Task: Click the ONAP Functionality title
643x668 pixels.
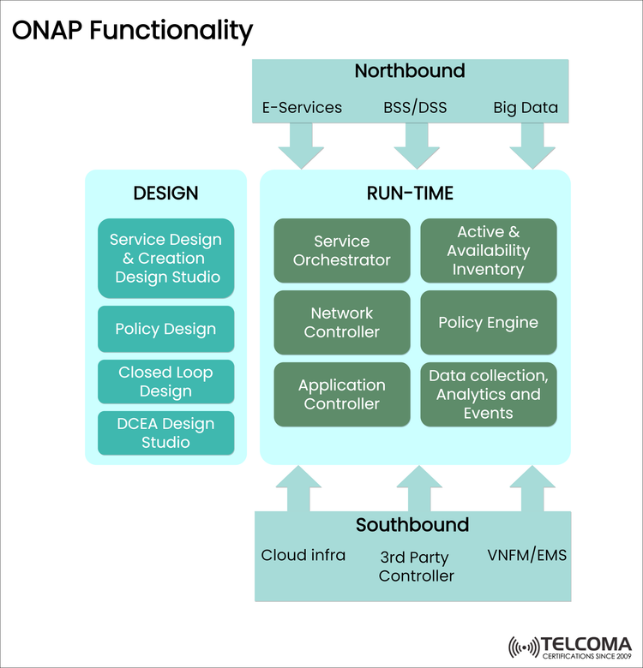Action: [132, 31]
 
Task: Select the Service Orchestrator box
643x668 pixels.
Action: [342, 251]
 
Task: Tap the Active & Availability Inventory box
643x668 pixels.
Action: [488, 251]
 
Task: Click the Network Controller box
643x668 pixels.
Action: [342, 323]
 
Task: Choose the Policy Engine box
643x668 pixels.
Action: [488, 323]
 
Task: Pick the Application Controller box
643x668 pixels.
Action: [342, 395]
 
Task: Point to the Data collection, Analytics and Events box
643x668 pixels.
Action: [488, 395]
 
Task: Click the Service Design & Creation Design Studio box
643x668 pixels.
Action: [165, 259]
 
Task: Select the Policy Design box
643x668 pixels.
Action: [165, 329]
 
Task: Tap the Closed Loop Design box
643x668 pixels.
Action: [165, 382]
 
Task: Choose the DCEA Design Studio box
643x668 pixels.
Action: [165, 433]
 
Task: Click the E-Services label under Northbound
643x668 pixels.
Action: [302, 108]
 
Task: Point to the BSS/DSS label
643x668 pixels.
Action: [415, 108]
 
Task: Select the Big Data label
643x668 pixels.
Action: [526, 108]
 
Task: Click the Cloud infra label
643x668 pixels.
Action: [303, 555]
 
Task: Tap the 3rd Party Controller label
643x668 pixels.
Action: [417, 566]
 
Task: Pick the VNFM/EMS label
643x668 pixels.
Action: [526, 555]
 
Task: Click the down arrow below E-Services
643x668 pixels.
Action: [302, 146]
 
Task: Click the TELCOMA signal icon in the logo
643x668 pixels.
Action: [524, 647]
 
